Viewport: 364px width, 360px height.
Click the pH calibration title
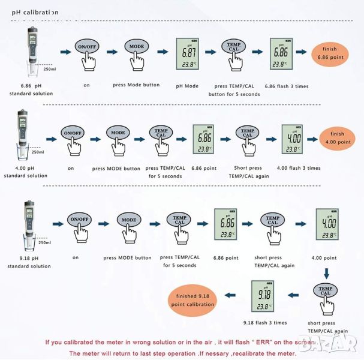(x=35, y=11)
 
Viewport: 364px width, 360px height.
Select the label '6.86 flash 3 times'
(x=286, y=86)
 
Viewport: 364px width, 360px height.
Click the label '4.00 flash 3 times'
(x=298, y=167)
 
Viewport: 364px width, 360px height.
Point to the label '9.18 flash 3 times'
(x=265, y=322)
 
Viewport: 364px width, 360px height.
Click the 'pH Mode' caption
(x=187, y=86)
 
